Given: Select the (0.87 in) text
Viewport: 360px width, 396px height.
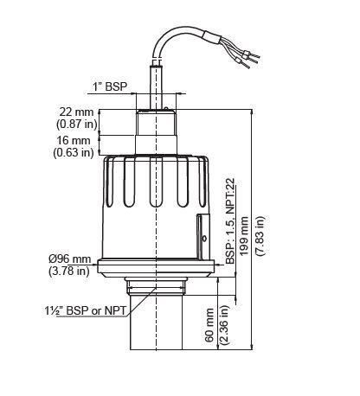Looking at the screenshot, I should pyautogui.click(x=75, y=125).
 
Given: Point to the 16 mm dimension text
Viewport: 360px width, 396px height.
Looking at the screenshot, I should pyautogui.click(x=75, y=140).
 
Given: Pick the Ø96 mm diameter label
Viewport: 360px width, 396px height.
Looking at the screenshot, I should pyautogui.click(x=69, y=259).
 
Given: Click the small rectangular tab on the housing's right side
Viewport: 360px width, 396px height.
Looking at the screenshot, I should pyautogui.click(x=202, y=229).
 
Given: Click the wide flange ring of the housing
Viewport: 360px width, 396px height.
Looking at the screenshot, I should pyautogui.click(x=156, y=266).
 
